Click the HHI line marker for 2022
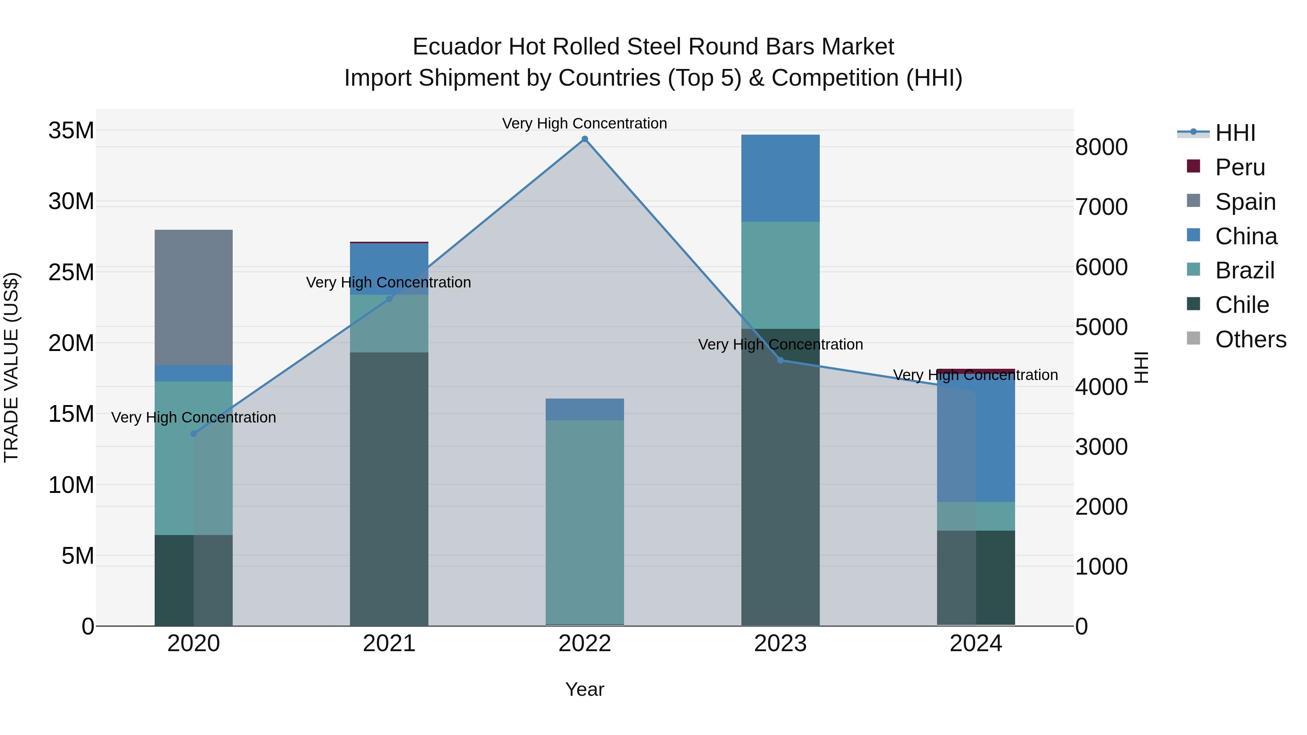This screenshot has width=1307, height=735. pyautogui.click(x=585, y=139)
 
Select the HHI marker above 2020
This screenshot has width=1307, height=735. pyautogui.click(x=193, y=434)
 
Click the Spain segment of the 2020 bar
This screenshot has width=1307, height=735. pyautogui.click(x=193, y=297)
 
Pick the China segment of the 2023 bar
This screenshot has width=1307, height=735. pyautogui.click(x=780, y=178)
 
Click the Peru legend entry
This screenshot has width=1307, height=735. pyautogui.click(x=1239, y=167)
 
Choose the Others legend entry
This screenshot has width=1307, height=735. pyautogui.click(x=1250, y=339)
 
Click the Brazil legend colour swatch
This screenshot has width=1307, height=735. pyautogui.click(x=1193, y=269)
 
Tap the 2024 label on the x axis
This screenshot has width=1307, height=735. pyautogui.click(x=975, y=644)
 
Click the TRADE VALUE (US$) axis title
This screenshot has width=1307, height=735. pyautogui.click(x=11, y=367)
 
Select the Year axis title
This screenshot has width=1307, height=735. pyautogui.click(x=585, y=689)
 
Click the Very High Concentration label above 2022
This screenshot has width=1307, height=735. pyautogui.click(x=585, y=123)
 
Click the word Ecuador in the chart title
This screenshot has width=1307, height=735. pyautogui.click(x=454, y=47)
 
